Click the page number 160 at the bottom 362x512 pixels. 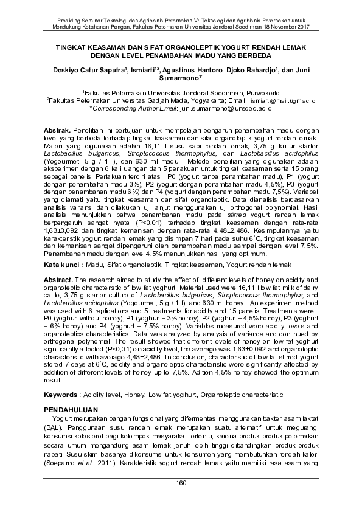pos(181,483)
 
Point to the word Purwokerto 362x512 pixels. pos(256,92)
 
